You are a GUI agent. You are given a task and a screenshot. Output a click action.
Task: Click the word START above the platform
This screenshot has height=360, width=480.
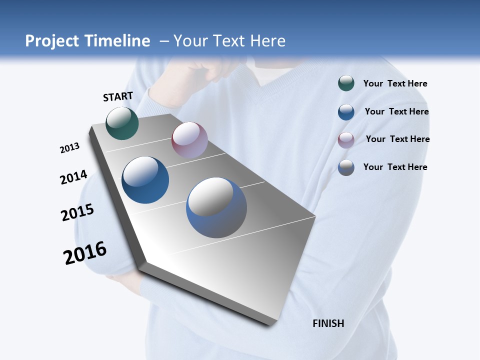tap(118, 96)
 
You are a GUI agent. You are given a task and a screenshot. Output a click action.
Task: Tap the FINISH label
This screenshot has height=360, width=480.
tap(328, 323)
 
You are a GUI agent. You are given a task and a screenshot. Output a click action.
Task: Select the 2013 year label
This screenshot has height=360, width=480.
tap(70, 148)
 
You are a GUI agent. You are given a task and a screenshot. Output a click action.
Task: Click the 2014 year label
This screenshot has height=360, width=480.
tap(74, 177)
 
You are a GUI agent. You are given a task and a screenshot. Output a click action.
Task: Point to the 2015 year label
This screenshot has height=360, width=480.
tap(77, 212)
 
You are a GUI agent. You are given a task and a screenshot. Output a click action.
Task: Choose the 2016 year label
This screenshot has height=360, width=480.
tap(85, 253)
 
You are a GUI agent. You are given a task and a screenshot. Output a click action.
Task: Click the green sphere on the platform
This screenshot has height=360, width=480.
tap(122, 123)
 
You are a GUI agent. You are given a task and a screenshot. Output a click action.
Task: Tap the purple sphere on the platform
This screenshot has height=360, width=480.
tap(189, 140)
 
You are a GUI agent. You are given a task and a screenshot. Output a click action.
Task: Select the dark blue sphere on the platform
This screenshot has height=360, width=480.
tap(145, 180)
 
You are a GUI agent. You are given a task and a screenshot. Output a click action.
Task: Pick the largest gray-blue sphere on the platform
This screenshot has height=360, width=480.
tap(216, 207)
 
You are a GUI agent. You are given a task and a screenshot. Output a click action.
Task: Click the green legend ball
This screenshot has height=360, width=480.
tap(346, 83)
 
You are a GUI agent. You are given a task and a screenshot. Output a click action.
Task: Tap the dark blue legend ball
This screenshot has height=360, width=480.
tap(346, 112)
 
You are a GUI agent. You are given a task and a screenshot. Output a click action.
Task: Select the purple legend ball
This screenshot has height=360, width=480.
tap(346, 140)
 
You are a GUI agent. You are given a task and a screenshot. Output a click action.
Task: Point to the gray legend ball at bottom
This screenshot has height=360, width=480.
tap(346, 167)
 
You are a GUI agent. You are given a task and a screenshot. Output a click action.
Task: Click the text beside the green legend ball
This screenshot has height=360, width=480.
tap(395, 84)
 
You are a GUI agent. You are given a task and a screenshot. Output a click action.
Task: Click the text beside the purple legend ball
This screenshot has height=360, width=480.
tap(397, 139)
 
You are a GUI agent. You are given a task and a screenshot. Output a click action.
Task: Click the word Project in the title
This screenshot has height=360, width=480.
tap(52, 41)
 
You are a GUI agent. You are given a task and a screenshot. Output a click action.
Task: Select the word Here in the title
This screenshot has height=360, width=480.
tap(267, 41)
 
